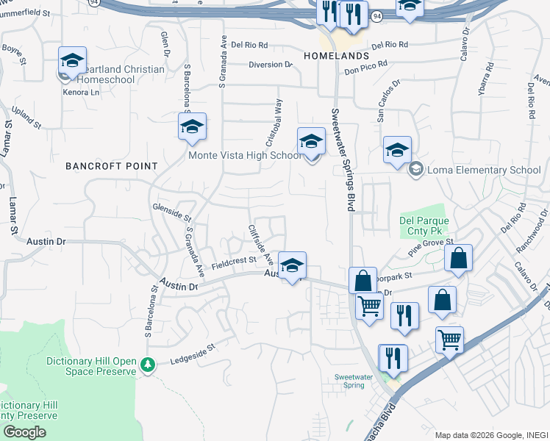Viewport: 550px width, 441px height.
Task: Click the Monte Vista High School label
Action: coord(245,155)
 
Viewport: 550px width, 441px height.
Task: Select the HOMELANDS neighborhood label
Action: coord(335,56)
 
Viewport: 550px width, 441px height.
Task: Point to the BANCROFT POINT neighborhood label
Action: coord(112,166)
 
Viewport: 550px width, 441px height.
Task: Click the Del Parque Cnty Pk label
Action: coord(424,226)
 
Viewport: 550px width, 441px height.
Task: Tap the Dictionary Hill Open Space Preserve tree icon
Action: coord(148,364)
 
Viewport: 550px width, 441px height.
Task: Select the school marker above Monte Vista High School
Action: coord(311,141)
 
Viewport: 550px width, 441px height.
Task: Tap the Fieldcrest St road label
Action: coord(233,262)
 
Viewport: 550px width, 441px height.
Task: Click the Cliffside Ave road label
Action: coord(260,245)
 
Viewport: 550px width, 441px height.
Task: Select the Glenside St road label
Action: coord(172,212)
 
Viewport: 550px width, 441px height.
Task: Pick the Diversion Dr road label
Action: coord(271,65)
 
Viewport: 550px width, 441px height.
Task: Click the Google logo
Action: coord(24,431)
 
